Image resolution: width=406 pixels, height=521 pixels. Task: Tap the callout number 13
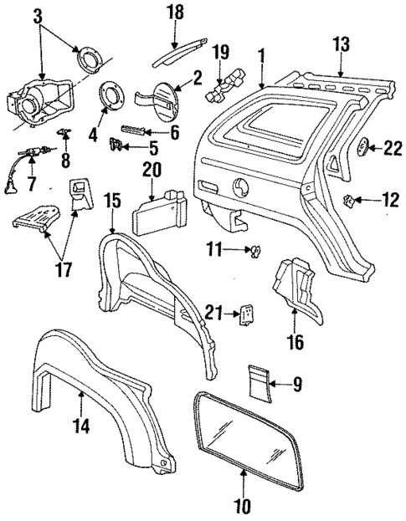(342, 43)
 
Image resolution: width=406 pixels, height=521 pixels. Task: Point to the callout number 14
(81, 424)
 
